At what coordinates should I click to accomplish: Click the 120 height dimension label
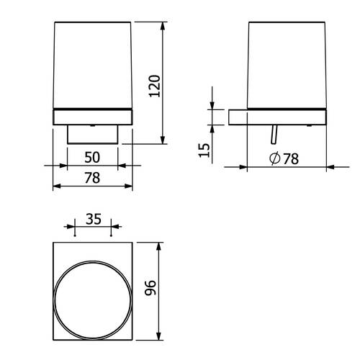154,86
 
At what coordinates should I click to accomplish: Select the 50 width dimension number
92,158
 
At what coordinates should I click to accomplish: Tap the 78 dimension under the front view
92,178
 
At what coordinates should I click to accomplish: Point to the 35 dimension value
94,219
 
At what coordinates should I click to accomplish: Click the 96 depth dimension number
150,287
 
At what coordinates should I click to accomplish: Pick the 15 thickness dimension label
204,150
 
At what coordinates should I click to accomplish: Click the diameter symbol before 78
275,158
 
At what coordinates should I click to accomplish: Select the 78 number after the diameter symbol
291,158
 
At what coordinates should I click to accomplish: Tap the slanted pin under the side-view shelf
274,135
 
